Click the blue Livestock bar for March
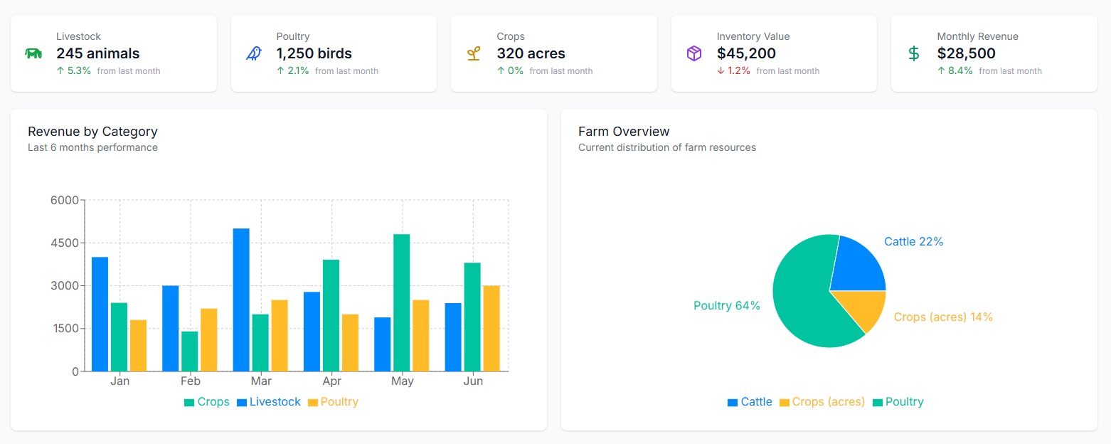pyautogui.click(x=241, y=300)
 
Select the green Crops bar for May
pyautogui.click(x=402, y=302)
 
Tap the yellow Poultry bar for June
pyautogui.click(x=491, y=328)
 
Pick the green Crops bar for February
pyautogui.click(x=189, y=351)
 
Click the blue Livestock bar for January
pyautogui.click(x=100, y=314)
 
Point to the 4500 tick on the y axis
pyautogui.click(x=65, y=243)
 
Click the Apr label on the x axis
pyautogui.click(x=331, y=381)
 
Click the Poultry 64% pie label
pyautogui.click(x=727, y=305)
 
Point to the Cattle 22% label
pyautogui.click(x=913, y=242)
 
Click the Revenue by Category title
pyautogui.click(x=92, y=132)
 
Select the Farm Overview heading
pyautogui.click(x=624, y=132)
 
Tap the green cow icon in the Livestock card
pyautogui.click(x=33, y=53)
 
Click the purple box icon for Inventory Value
pyautogui.click(x=693, y=53)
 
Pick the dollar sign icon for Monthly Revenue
pyautogui.click(x=914, y=53)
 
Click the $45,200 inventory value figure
pyautogui.click(x=746, y=53)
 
